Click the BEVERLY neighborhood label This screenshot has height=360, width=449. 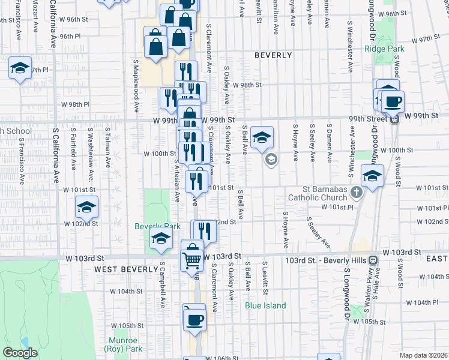tap(273, 55)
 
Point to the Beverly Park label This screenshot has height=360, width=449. tap(157, 227)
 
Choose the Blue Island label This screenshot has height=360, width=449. tap(265, 305)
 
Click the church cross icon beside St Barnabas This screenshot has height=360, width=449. tap(357, 193)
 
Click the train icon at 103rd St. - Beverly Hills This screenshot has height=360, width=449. tap(373, 260)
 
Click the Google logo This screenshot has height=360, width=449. tap(20, 353)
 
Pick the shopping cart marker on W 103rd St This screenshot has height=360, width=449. tap(192, 259)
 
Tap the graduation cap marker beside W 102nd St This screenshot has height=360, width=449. tap(86, 208)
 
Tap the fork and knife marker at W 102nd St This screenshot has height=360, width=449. tap(203, 231)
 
